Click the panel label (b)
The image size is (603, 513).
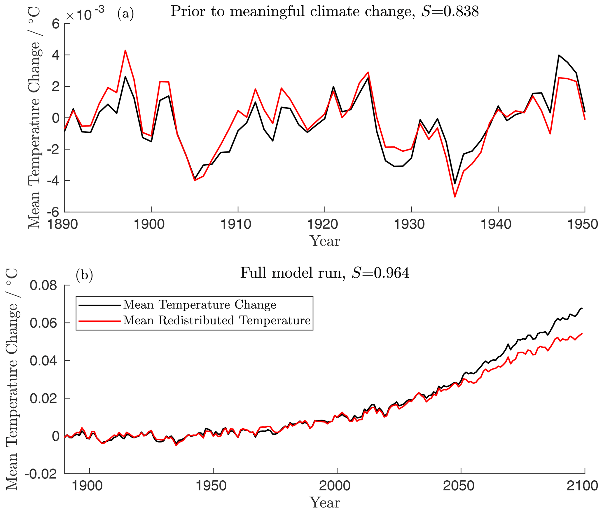coord(84,275)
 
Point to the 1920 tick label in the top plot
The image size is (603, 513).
coord(324,224)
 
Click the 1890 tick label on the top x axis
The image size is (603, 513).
coord(63,224)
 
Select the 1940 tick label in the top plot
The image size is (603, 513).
coord(498,224)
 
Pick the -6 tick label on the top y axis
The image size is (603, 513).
coord(55,212)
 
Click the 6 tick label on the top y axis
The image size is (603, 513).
coord(55,24)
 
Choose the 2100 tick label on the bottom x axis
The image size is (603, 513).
coord(584,486)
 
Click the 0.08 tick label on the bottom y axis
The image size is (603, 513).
coord(43,285)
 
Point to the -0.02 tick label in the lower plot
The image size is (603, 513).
coord(41,474)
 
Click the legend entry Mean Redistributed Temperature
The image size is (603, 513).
coord(216,321)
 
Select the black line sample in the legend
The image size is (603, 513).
coord(99,305)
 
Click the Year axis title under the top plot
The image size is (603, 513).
coord(325,241)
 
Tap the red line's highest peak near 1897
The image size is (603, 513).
coord(125,50)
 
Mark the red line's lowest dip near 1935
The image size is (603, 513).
coord(455,197)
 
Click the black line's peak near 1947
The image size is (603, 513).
coord(559,55)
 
